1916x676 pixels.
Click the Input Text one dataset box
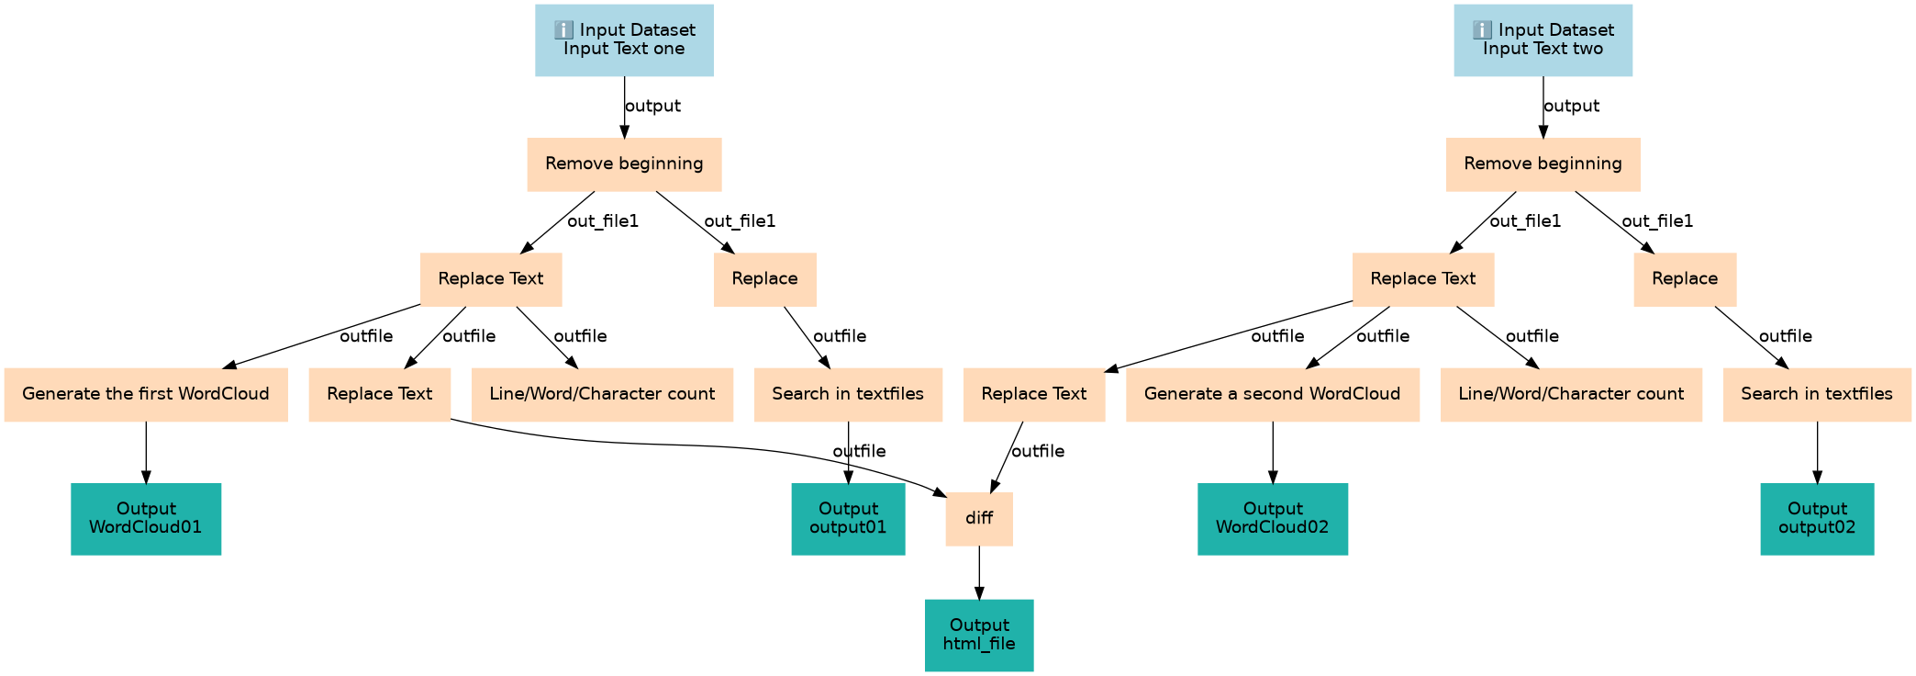624,39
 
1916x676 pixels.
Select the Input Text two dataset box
1543,39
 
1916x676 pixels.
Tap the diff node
979,518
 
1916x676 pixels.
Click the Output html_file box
979,635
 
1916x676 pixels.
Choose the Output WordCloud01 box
146,518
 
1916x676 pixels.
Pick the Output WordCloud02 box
1272,518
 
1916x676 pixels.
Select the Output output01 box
848,518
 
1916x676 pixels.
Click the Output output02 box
1817,518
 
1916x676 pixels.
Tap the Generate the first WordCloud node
146,394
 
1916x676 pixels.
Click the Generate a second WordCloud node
1272,394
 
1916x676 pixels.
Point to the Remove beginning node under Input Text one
624,164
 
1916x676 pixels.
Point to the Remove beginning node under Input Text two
1543,164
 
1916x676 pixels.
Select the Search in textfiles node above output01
848,394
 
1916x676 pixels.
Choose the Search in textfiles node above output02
1817,394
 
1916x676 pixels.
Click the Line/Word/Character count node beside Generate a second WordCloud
1571,394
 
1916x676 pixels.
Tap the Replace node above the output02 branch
1685,279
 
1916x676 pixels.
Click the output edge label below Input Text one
652,107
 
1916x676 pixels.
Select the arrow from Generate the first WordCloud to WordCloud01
146,452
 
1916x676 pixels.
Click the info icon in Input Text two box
1482,30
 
